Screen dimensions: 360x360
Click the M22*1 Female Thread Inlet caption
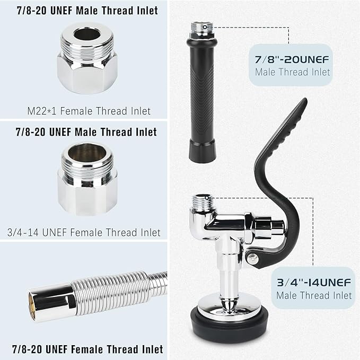pos(89,111)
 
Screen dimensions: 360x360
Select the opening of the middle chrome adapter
pos(86,153)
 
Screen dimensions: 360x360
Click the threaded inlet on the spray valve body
pos(203,202)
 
